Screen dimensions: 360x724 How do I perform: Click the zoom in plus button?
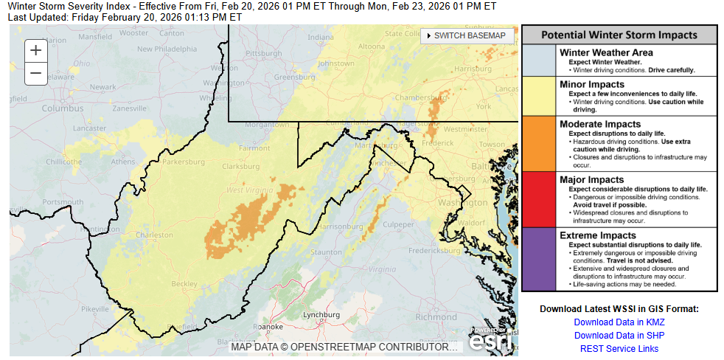tap(35, 50)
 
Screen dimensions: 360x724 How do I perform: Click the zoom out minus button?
tap(35, 74)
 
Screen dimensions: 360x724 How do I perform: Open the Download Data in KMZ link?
tap(619, 322)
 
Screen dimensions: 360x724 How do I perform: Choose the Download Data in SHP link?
tap(619, 336)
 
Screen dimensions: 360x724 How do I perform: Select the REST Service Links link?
tap(619, 349)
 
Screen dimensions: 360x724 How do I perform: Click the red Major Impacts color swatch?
tap(539, 199)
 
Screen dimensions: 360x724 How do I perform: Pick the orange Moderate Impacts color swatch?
tap(539, 143)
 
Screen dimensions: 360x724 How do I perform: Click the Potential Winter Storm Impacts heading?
tap(619, 35)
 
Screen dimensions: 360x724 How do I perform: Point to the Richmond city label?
tap(436, 317)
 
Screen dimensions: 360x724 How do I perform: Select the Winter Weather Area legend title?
tap(606, 53)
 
